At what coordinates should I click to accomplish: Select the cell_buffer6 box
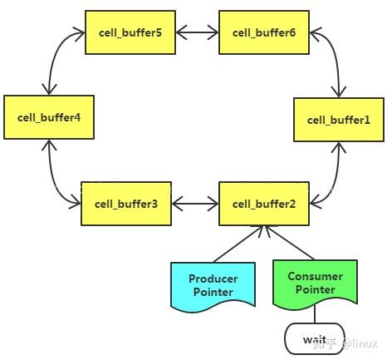(263, 32)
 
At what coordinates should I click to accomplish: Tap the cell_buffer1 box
(338, 119)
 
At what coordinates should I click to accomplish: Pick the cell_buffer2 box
(263, 204)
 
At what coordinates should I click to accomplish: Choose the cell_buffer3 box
(125, 204)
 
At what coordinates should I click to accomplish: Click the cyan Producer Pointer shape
(213, 285)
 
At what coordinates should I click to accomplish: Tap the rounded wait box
(314, 339)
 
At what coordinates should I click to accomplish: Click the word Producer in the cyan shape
(213, 279)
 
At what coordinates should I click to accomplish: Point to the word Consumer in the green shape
(315, 276)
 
